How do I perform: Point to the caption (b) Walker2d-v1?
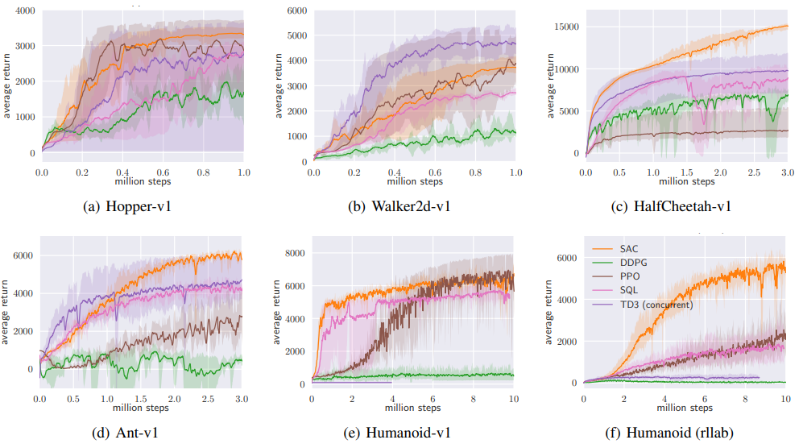coord(399,206)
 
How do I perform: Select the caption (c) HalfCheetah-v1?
coord(672,206)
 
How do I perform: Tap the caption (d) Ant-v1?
coord(134,433)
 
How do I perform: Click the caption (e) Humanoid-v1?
coord(399,433)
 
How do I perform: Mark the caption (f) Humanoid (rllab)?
coord(672,433)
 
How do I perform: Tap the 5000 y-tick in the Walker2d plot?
coord(296,35)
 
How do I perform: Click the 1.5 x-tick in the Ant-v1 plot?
coord(141,400)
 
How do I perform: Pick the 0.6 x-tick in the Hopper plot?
coord(163,172)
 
